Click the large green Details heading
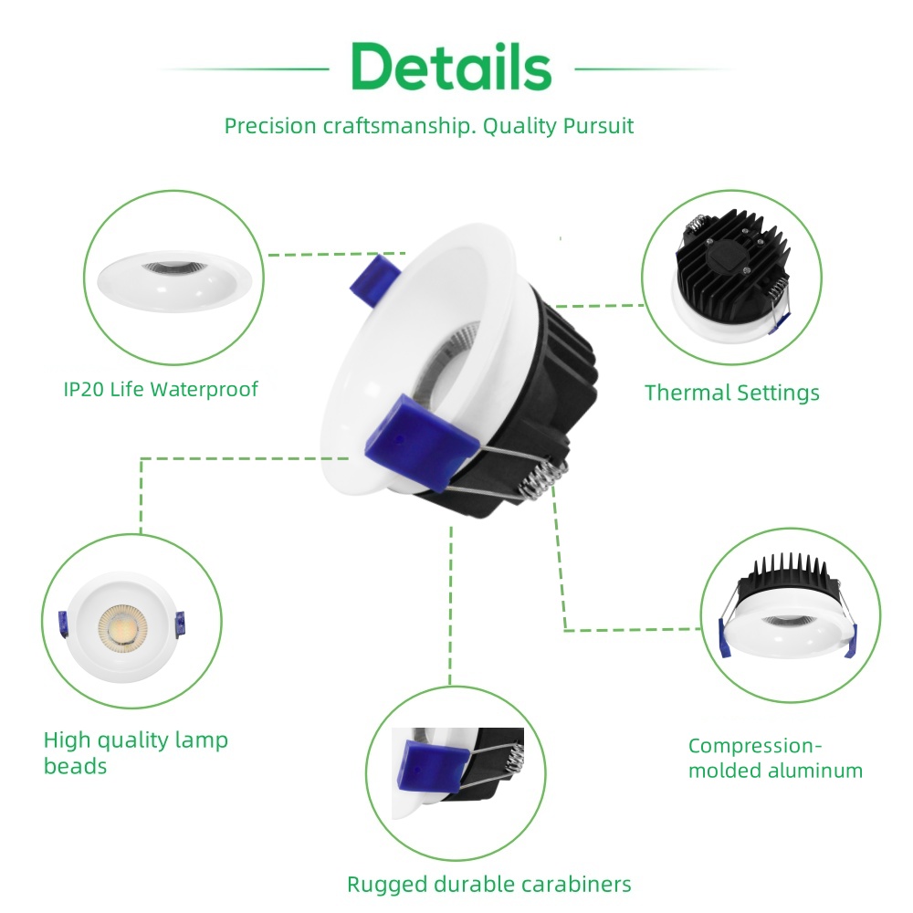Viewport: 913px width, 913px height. (x=451, y=67)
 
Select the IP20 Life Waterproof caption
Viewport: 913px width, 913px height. (x=161, y=390)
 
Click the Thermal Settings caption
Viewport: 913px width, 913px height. (x=731, y=394)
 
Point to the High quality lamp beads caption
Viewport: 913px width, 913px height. (x=135, y=752)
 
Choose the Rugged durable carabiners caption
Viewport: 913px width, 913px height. (x=488, y=884)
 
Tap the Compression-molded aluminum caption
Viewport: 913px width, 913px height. (x=775, y=758)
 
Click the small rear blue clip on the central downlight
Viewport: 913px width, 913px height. (x=375, y=278)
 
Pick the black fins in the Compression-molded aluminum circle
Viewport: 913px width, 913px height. (x=787, y=573)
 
